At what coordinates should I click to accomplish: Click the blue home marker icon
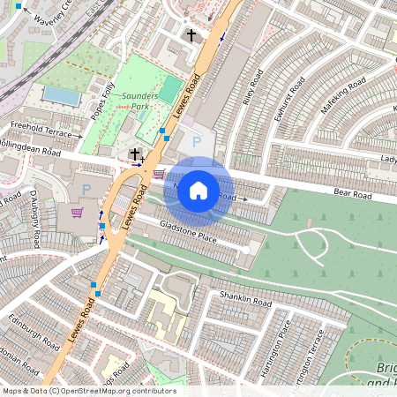(x=198, y=190)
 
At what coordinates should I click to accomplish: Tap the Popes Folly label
(x=103, y=101)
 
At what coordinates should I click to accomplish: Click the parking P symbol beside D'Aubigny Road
(x=86, y=189)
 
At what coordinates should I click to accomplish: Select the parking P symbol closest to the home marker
(x=197, y=141)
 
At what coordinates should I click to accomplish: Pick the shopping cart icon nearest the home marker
(x=159, y=173)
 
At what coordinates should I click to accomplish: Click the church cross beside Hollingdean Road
(x=135, y=154)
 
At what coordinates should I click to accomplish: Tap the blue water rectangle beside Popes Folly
(x=60, y=94)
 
